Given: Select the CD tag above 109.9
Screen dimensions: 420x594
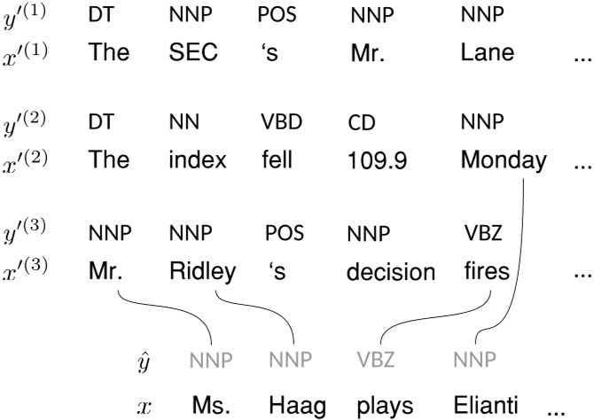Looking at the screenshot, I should pos(361,123).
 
